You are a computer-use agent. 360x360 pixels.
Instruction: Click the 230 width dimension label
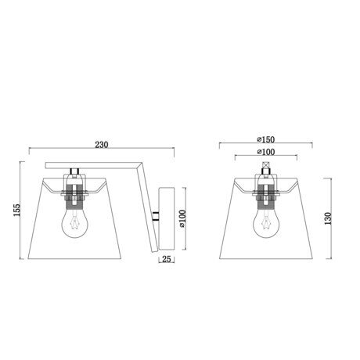102,145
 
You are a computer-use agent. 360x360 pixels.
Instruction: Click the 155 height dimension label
16,210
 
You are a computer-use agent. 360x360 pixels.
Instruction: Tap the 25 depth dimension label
167,259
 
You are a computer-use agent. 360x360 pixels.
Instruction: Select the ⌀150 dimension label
266,139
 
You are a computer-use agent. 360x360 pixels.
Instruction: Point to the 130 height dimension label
328,218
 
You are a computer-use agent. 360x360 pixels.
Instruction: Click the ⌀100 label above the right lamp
266,152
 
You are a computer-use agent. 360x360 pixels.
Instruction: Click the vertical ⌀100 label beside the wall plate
182,218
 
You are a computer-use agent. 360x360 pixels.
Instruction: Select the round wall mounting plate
167,218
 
